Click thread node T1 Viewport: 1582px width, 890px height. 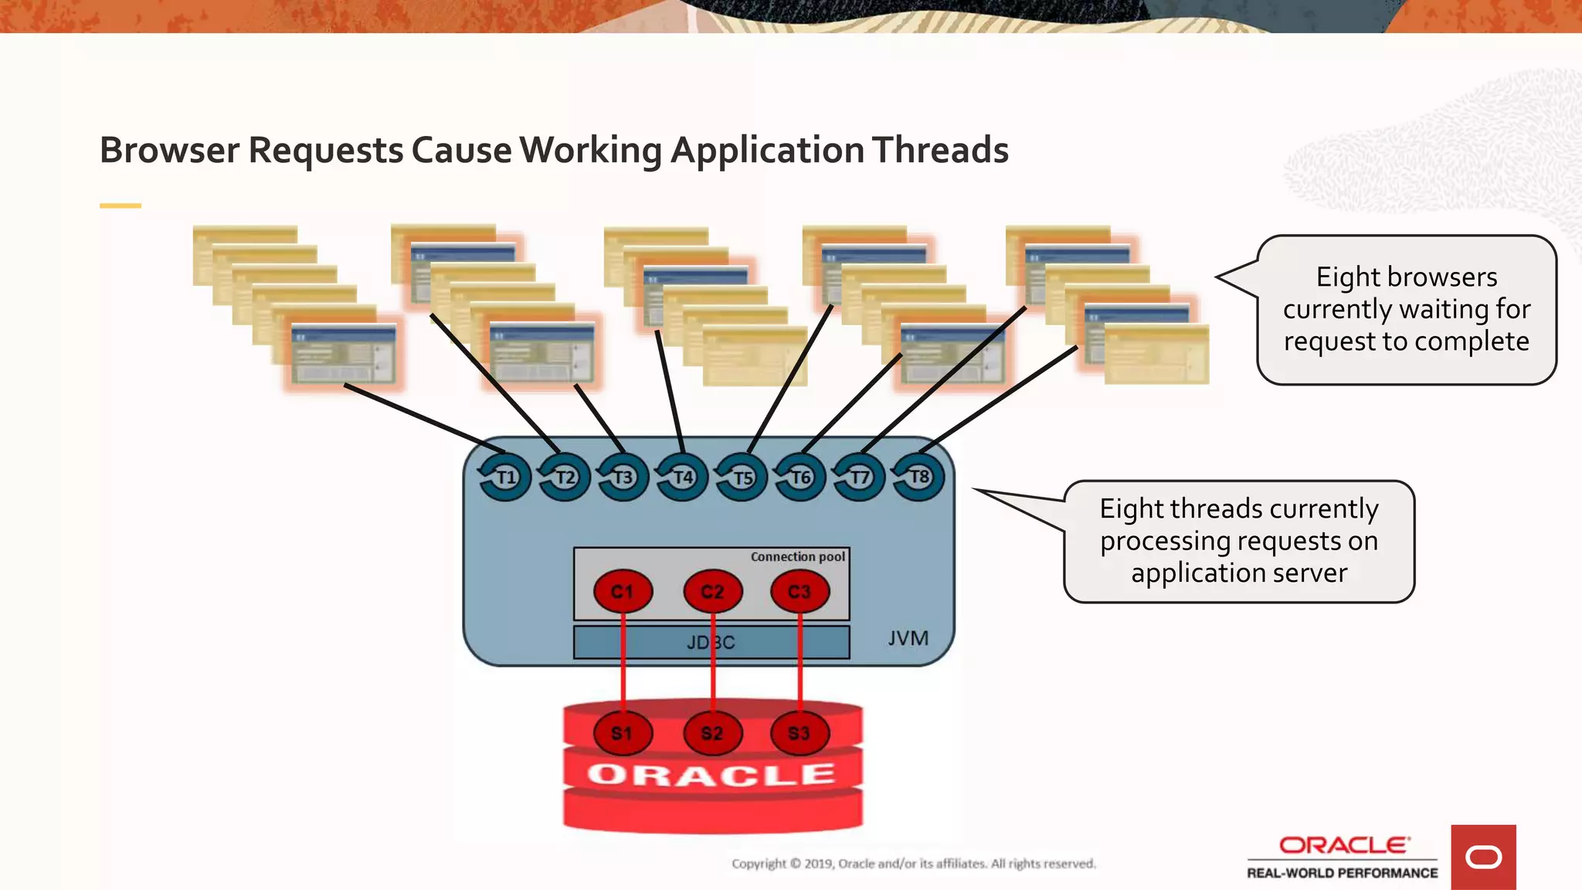coord(505,477)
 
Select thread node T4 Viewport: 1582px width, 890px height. coord(682,477)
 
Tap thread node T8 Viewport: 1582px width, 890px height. coord(918,477)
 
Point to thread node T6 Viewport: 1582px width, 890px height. coord(800,477)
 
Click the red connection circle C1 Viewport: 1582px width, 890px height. coord(623,592)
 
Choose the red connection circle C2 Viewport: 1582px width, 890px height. coord(712,592)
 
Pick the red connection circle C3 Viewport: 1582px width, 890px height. coord(799,592)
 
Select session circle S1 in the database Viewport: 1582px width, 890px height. coord(623,733)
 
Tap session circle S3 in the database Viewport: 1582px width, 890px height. coord(799,733)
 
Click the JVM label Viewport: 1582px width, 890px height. coord(908,638)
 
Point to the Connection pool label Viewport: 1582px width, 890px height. coord(797,556)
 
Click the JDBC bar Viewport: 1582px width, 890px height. coord(711,642)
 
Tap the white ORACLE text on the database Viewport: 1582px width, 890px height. coord(711,774)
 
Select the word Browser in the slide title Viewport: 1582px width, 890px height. coord(169,150)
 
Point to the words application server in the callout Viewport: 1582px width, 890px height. coord(1239,573)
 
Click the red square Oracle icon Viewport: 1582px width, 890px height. coord(1483,857)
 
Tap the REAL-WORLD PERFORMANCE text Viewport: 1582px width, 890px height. coord(1342,873)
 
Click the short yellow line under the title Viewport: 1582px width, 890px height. coord(121,206)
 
